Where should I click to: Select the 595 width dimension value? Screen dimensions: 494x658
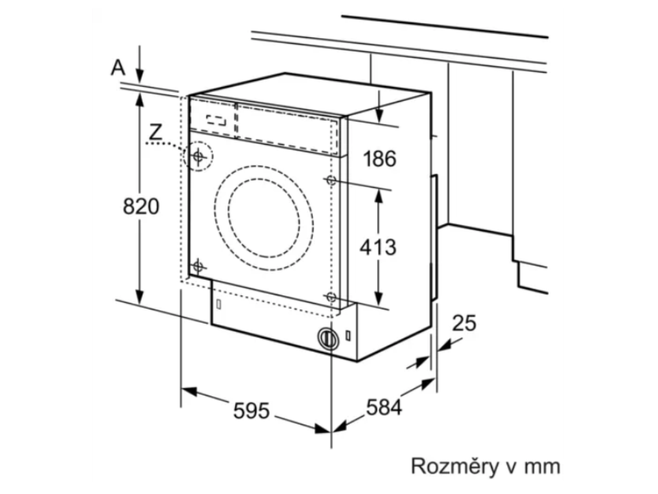[x=251, y=410]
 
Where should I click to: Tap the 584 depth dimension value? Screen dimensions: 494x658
[x=384, y=407]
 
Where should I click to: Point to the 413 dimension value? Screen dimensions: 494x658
[x=378, y=246]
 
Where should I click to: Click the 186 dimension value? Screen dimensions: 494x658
[x=379, y=158]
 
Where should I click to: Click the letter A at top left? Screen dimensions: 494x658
[x=118, y=67]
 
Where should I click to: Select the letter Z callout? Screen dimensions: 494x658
[x=155, y=131]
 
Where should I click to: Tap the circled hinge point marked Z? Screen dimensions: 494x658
[x=199, y=156]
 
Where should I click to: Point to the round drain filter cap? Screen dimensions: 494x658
[x=328, y=338]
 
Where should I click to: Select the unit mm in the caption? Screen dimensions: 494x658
[x=542, y=466]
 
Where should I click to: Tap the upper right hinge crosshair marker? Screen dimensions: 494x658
[x=331, y=180]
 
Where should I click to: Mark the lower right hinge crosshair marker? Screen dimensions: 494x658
[x=331, y=297]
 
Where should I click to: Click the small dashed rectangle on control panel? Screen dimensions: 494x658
[x=216, y=120]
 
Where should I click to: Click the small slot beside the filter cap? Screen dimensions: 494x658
[x=348, y=335]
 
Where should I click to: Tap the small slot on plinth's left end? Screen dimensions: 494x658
[x=219, y=302]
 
